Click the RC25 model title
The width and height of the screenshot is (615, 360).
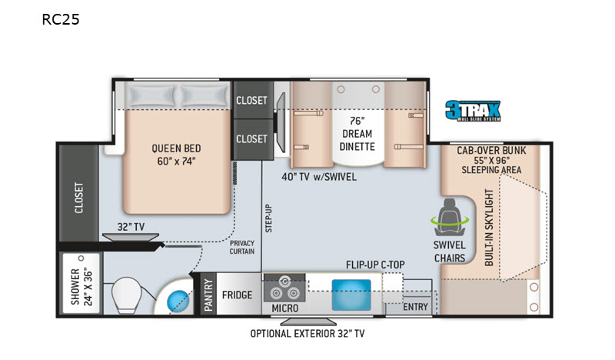(61, 19)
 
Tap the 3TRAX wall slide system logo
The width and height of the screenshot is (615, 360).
(473, 111)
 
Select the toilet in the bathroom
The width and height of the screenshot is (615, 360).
(126, 295)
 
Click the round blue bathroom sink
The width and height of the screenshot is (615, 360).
(178, 301)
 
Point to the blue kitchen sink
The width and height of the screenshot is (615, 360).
(351, 295)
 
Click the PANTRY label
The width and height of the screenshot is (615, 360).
(208, 295)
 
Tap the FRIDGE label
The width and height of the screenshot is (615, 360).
(237, 295)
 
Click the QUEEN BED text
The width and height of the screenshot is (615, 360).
(176, 148)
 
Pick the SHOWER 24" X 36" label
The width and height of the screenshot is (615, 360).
(81, 287)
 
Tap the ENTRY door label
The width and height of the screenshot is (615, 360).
(415, 307)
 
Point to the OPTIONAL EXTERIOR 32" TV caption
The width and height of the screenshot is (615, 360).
(307, 334)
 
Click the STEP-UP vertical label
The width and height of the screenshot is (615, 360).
(268, 218)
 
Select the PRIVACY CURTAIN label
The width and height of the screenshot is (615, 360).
(242, 248)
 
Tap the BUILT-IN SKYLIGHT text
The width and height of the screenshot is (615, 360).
(489, 227)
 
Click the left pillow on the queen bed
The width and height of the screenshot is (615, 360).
(151, 96)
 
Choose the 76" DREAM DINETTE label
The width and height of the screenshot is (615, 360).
(357, 134)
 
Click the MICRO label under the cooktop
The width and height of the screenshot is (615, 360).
(285, 308)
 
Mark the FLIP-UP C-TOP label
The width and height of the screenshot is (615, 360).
(375, 265)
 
